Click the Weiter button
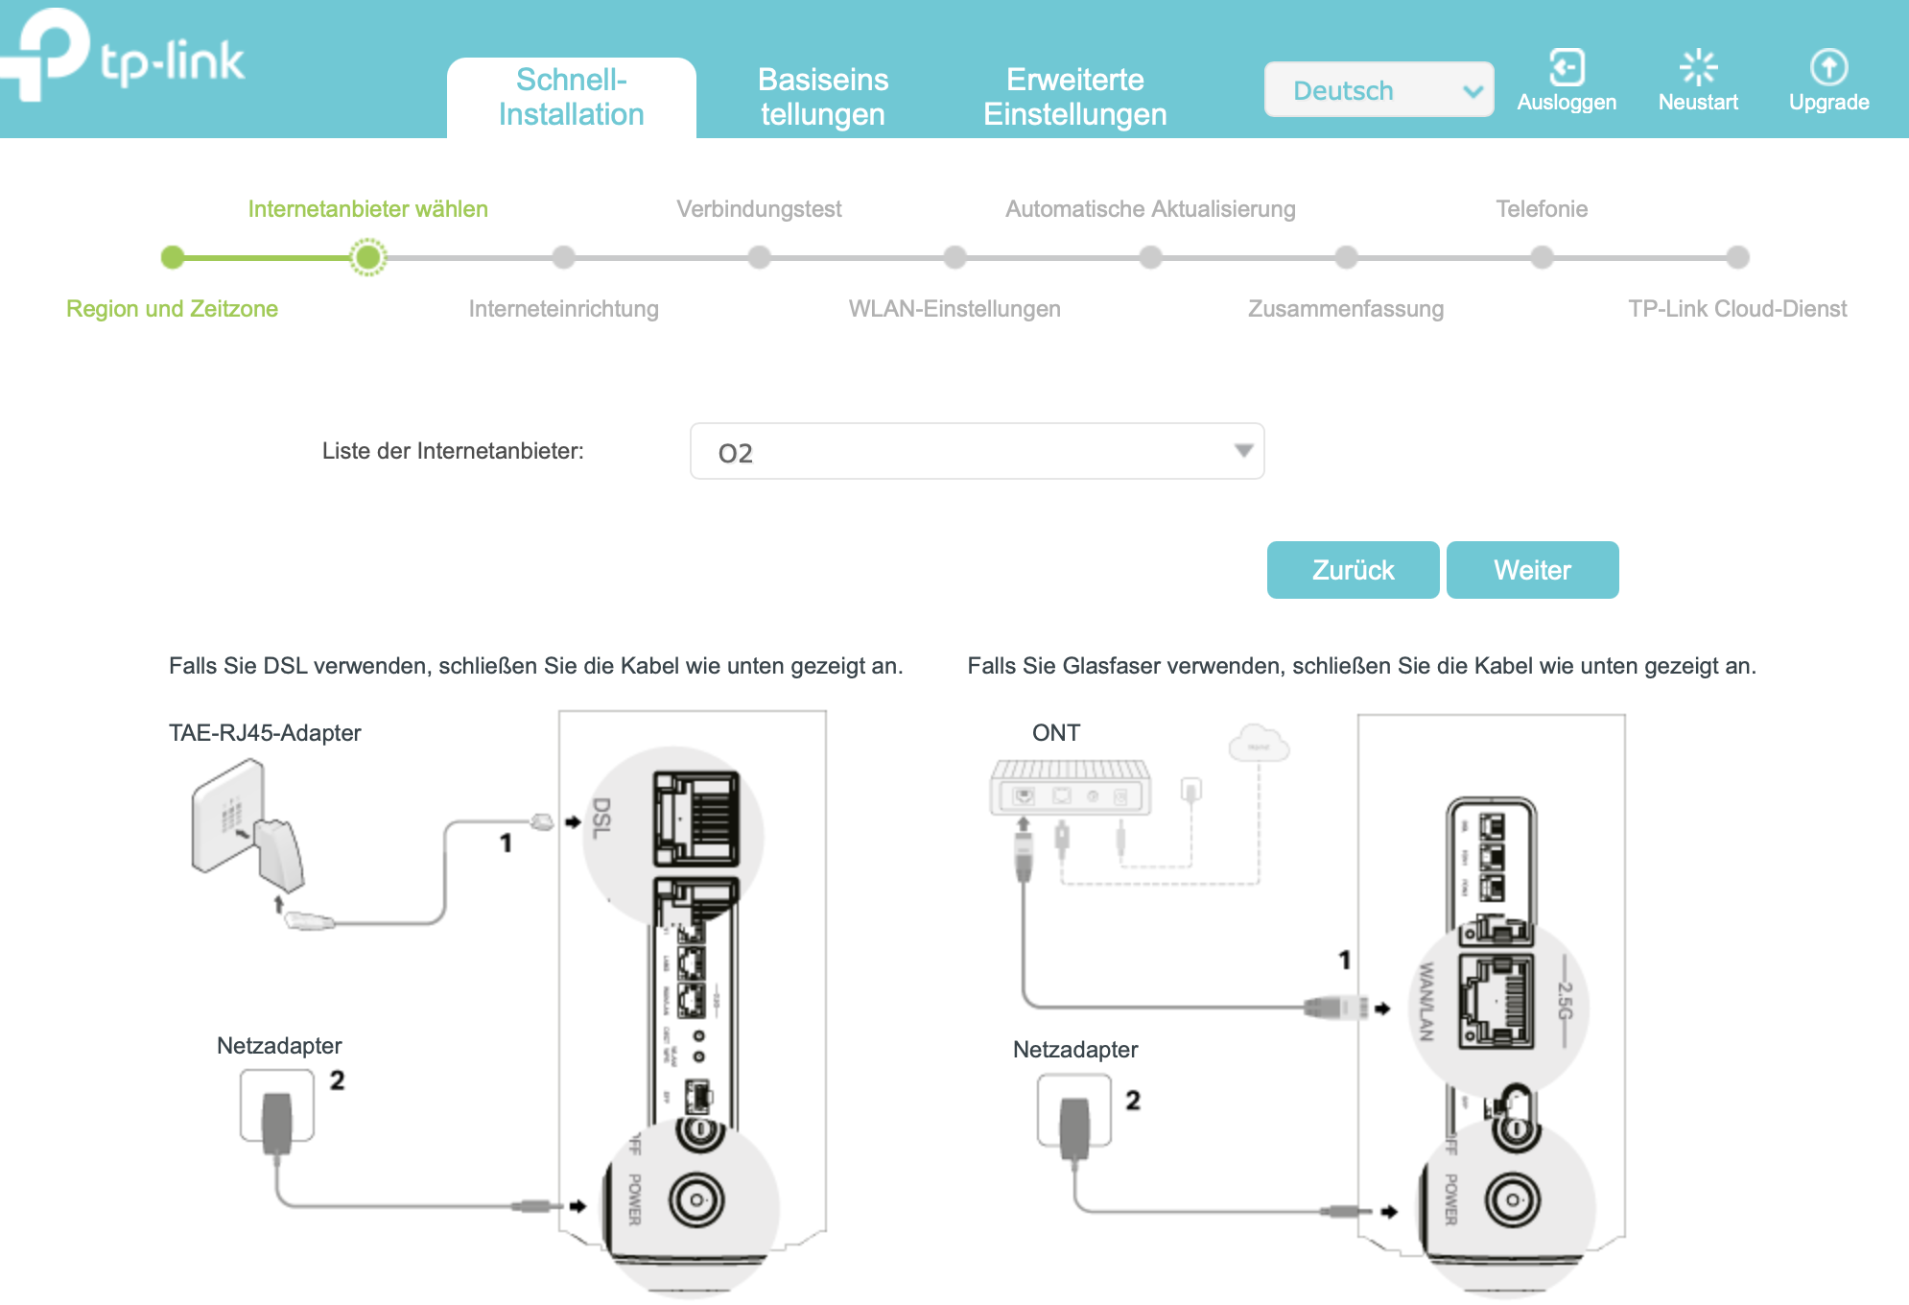(1532, 570)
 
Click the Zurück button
(1353, 570)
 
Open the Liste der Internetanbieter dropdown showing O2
(977, 451)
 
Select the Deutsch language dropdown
(1378, 90)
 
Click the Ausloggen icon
(1567, 68)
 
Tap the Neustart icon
(1698, 68)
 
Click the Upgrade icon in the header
(1828, 68)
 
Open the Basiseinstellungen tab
(823, 97)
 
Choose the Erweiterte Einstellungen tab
(1074, 97)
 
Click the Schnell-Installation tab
(571, 97)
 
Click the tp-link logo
(125, 58)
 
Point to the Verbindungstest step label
(759, 209)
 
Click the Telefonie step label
(1542, 209)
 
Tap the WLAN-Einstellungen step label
(954, 309)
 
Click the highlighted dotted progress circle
(367, 257)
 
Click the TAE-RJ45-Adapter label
(265, 733)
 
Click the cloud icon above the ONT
(1259, 745)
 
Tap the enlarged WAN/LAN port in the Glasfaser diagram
(1497, 1003)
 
